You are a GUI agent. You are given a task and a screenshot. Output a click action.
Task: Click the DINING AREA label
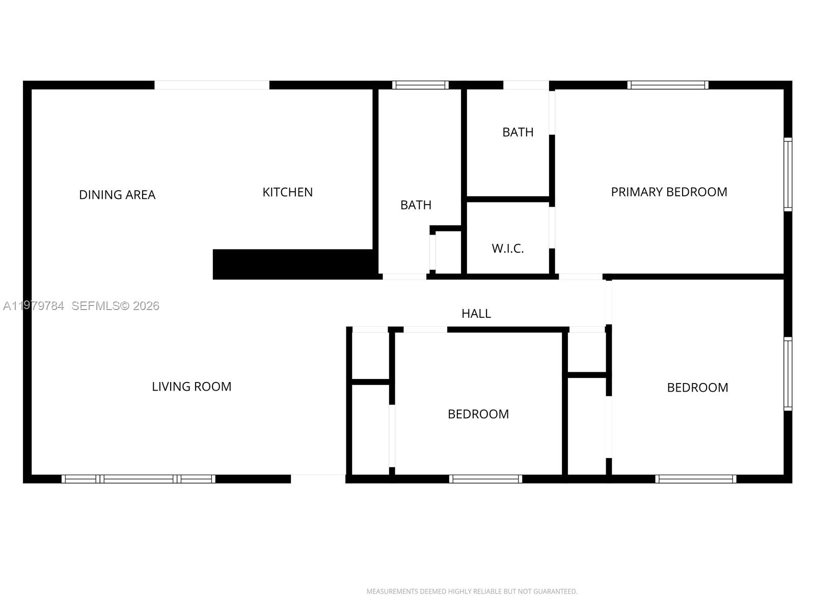[117, 195]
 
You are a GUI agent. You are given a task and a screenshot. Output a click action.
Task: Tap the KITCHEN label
[287, 192]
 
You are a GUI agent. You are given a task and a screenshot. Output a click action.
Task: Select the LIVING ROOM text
[192, 387]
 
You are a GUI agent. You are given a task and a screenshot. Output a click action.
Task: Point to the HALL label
[476, 314]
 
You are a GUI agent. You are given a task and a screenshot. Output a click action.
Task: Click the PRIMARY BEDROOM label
[669, 192]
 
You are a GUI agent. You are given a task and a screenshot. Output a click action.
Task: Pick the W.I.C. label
[507, 249]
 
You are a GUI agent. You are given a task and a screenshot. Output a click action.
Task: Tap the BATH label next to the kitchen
[416, 205]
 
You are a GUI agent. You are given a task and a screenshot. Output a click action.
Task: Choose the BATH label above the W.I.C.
[518, 132]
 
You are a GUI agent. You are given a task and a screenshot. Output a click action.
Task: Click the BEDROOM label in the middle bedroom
[478, 414]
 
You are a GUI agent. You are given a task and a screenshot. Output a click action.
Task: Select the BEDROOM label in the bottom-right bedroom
[697, 388]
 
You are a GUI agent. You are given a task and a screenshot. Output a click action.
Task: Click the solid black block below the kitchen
[293, 264]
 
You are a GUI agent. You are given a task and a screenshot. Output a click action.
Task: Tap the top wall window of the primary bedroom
[667, 85]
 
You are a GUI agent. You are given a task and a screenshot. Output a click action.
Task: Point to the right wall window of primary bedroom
[787, 174]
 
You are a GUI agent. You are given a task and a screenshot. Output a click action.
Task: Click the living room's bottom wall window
[138, 479]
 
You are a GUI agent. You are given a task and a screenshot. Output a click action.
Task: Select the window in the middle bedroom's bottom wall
[485, 479]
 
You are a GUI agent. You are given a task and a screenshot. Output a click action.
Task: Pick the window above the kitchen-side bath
[420, 85]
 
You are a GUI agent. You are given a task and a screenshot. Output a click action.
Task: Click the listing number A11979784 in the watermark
[34, 306]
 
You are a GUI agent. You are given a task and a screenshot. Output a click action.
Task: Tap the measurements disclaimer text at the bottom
[472, 592]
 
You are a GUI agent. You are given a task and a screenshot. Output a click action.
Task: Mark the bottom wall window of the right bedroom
[695, 479]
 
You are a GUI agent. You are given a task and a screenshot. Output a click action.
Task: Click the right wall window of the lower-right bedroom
[787, 374]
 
